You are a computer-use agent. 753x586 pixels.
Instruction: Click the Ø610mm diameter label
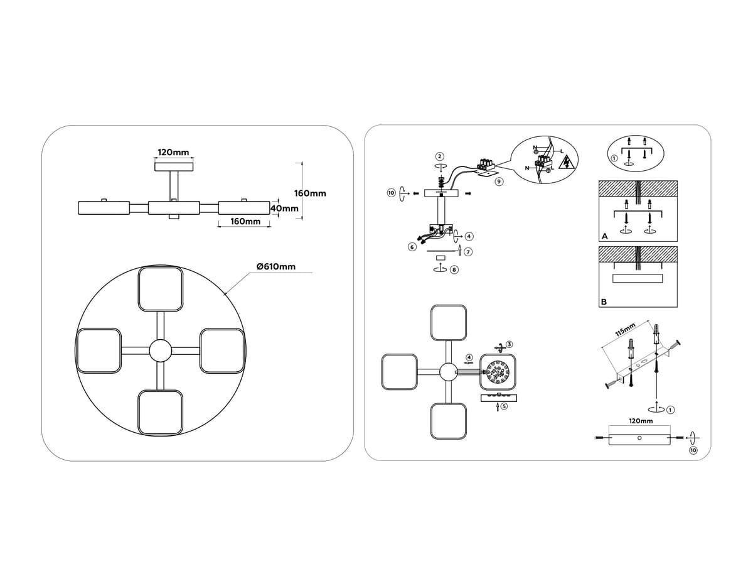(276, 267)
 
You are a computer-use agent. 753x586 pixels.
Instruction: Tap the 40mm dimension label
(284, 208)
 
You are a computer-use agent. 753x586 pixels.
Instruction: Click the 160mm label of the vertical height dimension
(310, 193)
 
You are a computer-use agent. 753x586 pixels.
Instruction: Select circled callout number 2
(440, 156)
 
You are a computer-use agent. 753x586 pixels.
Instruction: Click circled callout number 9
(498, 182)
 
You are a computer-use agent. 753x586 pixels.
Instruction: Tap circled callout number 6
(412, 247)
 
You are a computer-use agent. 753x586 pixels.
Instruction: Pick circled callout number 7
(469, 252)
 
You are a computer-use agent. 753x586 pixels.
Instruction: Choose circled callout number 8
(454, 269)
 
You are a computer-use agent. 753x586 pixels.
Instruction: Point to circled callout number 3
(509, 345)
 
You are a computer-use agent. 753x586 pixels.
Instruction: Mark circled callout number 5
(504, 407)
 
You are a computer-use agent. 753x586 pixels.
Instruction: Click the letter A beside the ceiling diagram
(604, 237)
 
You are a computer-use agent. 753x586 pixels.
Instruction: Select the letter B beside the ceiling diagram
(604, 301)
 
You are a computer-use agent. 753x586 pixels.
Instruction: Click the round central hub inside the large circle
(159, 350)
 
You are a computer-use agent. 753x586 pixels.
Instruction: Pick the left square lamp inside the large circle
(99, 350)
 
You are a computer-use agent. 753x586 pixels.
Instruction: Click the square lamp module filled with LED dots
(498, 373)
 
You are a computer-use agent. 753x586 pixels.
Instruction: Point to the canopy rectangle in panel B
(638, 278)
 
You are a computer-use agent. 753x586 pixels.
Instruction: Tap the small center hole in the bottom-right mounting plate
(639, 437)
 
